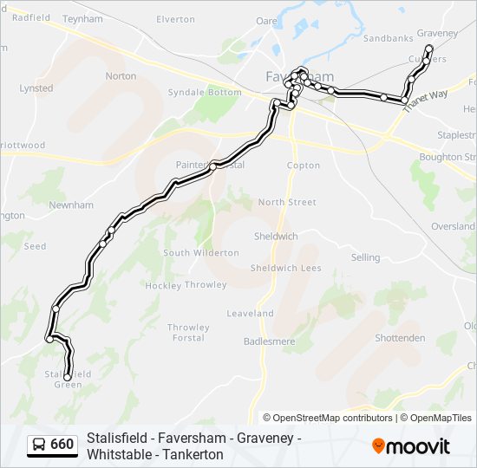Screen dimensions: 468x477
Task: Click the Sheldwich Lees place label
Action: (285, 268)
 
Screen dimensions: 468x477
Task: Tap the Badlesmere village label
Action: (266, 341)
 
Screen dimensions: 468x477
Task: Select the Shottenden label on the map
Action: (399, 338)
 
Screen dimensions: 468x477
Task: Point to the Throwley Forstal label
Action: (188, 332)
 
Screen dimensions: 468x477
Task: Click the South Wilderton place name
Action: (200, 253)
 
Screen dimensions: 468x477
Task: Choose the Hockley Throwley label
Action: (186, 285)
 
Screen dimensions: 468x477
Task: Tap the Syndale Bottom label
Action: (204, 93)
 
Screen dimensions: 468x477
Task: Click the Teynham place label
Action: (83, 17)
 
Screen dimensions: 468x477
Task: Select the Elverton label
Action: (175, 19)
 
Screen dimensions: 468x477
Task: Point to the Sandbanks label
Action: (388, 39)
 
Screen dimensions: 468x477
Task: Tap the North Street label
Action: (287, 202)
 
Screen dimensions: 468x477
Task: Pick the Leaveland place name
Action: (250, 314)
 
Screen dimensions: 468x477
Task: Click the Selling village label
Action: (365, 257)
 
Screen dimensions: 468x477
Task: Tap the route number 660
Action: (62, 445)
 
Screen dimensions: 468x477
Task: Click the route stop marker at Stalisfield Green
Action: (67, 377)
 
